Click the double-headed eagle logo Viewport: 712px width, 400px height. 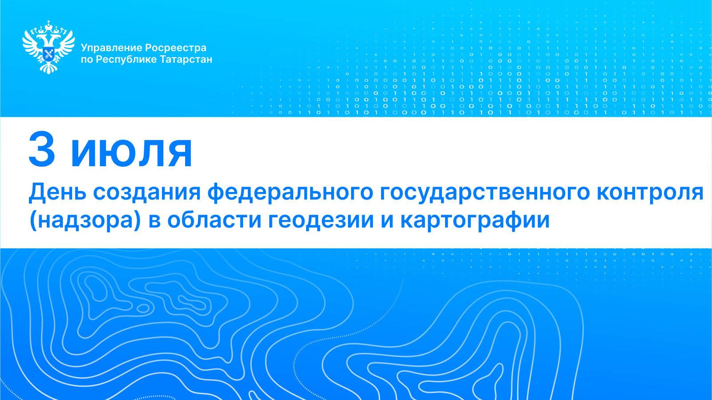tap(49, 47)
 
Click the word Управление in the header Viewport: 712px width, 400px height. tap(111, 48)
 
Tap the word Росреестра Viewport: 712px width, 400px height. tap(176, 48)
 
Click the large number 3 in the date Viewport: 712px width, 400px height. tap(42, 149)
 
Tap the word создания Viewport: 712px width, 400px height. tap(147, 193)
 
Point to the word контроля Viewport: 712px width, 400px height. tap(650, 193)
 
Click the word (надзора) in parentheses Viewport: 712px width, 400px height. tap(85, 220)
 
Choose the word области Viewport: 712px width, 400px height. tap(214, 220)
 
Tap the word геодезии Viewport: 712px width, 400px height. tap(321, 220)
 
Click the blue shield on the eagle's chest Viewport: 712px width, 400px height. tap(49, 54)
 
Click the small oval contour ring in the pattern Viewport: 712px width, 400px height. tap(143, 308)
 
